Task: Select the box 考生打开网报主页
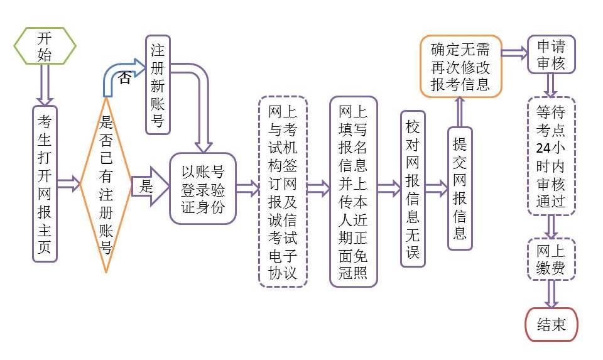click(45, 183)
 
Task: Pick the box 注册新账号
click(158, 84)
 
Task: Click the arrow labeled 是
click(149, 186)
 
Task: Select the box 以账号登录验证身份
click(202, 188)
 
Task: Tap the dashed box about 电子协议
click(283, 192)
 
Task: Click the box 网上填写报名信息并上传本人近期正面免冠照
click(353, 192)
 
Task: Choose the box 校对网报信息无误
click(412, 190)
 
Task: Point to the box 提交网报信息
click(460, 188)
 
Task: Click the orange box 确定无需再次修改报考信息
click(460, 67)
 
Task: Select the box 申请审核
click(551, 55)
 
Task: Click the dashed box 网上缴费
click(551, 259)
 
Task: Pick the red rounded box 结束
click(551, 324)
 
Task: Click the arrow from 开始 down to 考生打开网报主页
click(45, 84)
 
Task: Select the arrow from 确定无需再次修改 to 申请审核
click(514, 53)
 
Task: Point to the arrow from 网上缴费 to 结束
click(551, 293)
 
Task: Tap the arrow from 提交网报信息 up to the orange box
click(460, 112)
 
